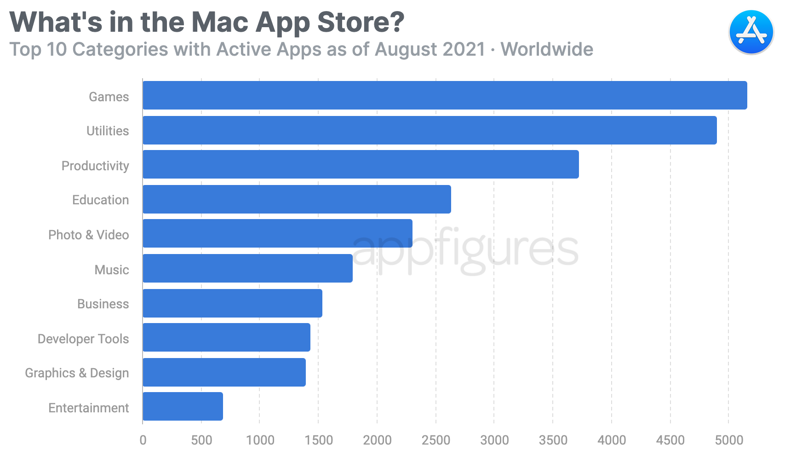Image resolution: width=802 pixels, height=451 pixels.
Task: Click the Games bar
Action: pyautogui.click(x=445, y=95)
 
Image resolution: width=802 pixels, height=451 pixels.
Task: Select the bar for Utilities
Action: pyautogui.click(x=430, y=130)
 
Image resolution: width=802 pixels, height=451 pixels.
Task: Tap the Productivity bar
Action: pyautogui.click(x=361, y=164)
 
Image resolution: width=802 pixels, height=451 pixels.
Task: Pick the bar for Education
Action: pyautogui.click(x=297, y=199)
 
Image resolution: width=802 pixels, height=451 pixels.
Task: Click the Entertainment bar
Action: pyautogui.click(x=183, y=406)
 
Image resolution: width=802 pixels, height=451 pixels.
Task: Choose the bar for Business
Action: pyautogui.click(x=232, y=303)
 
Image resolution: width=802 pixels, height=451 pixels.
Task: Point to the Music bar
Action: pyautogui.click(x=247, y=268)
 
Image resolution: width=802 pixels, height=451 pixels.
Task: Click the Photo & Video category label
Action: pyautogui.click(x=89, y=235)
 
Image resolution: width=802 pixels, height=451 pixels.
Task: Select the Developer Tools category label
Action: pyautogui.click(x=83, y=339)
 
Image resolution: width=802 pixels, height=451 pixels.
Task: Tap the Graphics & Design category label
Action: pyautogui.click(x=77, y=373)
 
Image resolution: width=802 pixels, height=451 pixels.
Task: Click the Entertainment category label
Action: pyautogui.click(x=89, y=408)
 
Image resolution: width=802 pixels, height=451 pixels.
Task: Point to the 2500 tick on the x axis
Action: pyautogui.click(x=435, y=440)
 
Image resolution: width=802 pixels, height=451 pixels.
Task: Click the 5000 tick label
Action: pyautogui.click(x=729, y=440)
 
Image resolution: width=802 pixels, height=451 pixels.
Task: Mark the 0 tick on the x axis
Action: pyautogui.click(x=143, y=440)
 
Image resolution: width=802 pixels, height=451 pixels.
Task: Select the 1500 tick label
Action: pyautogui.click(x=319, y=440)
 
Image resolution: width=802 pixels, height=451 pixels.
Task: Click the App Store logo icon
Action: pyautogui.click(x=751, y=32)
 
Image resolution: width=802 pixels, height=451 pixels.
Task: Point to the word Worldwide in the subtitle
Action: pyautogui.click(x=547, y=49)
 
